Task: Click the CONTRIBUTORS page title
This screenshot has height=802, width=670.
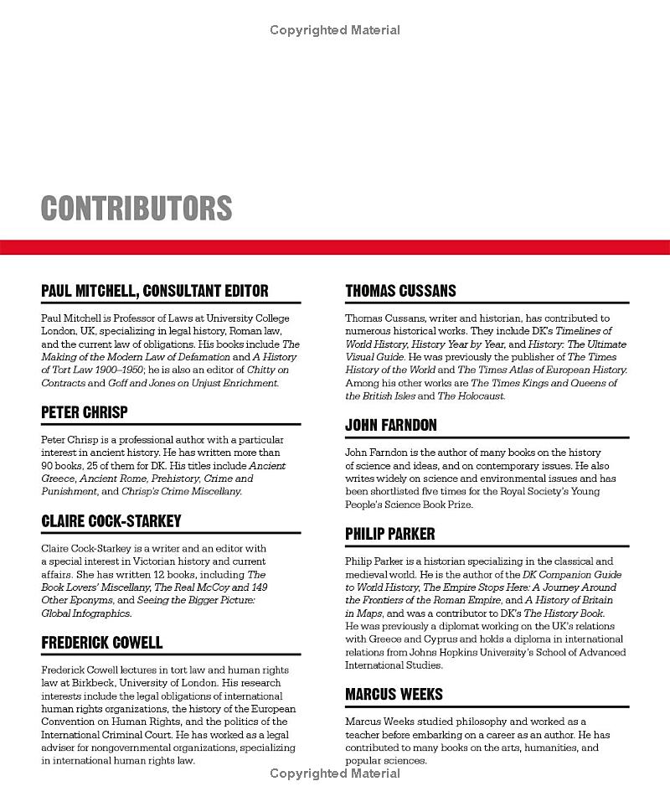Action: pos(137,208)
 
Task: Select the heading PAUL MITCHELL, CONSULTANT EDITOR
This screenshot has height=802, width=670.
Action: pos(155,291)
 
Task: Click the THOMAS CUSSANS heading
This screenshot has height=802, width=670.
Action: pos(400,291)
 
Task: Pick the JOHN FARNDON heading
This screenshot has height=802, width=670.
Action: pos(391,425)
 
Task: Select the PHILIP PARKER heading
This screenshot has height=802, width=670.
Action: pos(390,534)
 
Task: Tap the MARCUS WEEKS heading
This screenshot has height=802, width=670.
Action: pos(394,694)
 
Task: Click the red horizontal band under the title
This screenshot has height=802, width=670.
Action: pos(335,247)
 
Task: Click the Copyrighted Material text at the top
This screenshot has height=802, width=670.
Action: pos(335,30)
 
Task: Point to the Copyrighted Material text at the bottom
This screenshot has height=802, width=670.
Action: pos(335,773)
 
